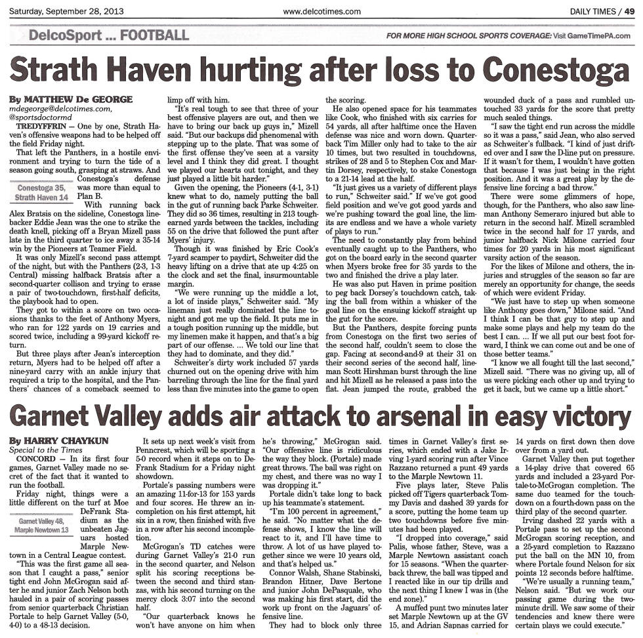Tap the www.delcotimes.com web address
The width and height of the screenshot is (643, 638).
(x=321, y=11)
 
